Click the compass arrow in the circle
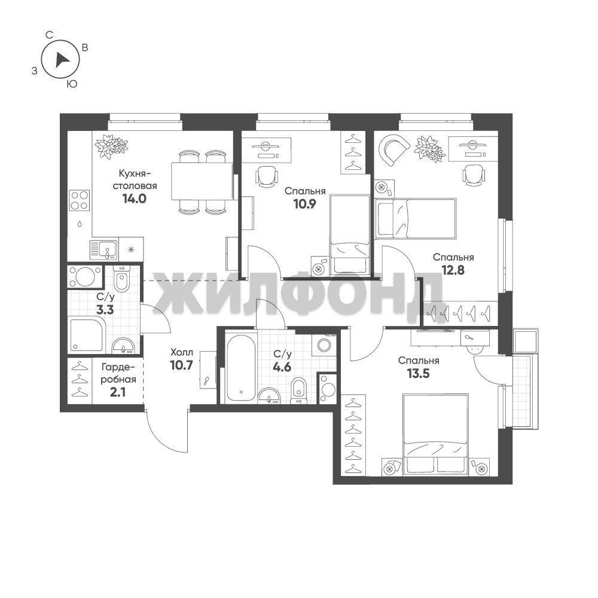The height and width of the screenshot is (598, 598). [62, 60]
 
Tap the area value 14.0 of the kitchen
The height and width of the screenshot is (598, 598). [134, 199]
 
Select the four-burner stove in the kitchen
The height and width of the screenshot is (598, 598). [80, 200]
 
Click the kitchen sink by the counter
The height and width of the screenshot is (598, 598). [104, 249]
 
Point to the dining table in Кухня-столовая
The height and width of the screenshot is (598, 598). [202, 181]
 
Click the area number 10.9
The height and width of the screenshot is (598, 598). [304, 205]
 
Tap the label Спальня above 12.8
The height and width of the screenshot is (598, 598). [453, 257]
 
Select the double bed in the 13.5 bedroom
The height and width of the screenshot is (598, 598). [435, 435]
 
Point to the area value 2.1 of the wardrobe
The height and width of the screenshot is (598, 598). [117, 392]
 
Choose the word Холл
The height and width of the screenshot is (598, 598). [182, 352]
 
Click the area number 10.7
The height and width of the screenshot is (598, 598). [182, 365]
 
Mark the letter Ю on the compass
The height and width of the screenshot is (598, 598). [72, 84]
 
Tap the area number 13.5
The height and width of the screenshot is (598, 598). [419, 374]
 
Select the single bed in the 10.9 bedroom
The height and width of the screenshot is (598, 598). [350, 235]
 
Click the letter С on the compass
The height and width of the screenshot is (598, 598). [49, 35]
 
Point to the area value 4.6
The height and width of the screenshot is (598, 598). [282, 367]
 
